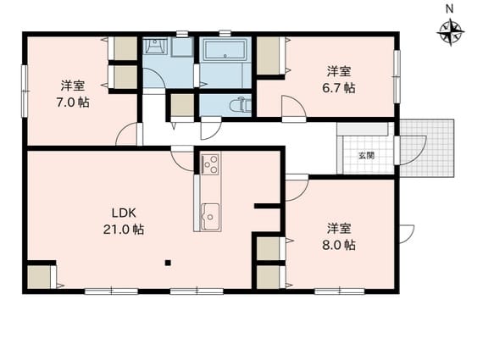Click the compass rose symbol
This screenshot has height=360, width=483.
tap(450, 33)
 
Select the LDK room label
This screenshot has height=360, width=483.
tap(124, 213)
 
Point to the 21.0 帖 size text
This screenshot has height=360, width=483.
tap(124, 229)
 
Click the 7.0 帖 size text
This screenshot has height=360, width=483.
tap(73, 102)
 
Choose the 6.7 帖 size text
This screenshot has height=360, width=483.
tap(339, 88)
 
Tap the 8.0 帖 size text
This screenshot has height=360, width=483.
tap(339, 245)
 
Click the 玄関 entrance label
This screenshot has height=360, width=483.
tap(366, 156)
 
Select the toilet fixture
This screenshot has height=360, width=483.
tap(241, 105)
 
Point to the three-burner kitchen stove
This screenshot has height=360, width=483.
tap(210, 163)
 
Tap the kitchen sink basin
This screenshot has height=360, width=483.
tap(210, 217)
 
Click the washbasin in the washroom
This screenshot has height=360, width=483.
tap(155, 47)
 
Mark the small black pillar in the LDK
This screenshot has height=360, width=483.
tap(168, 263)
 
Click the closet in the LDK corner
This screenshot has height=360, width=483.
tap(39, 277)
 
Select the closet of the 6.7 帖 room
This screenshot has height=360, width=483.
tap(269, 55)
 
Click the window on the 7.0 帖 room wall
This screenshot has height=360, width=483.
tap(24, 91)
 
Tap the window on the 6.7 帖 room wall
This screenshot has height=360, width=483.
tap(397, 76)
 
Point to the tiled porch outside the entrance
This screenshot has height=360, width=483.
tap(427, 148)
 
